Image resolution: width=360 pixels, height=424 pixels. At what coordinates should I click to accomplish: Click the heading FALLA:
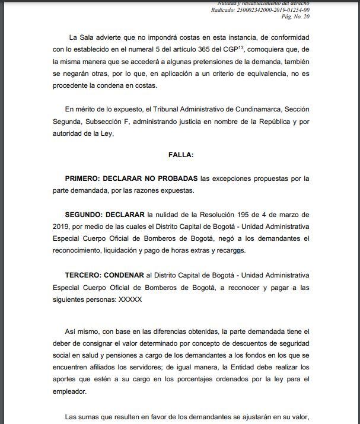coord(181,154)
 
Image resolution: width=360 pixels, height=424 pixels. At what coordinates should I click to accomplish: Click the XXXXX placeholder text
coord(130,300)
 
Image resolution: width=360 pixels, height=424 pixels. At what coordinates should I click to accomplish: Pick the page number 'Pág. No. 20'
coord(295,17)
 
